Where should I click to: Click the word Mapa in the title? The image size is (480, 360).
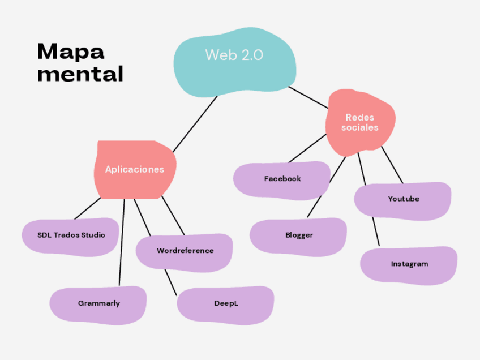pyautogui.click(x=71, y=52)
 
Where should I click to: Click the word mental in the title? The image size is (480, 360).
pyautogui.click(x=80, y=74)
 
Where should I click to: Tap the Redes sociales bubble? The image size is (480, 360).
pyautogui.click(x=360, y=122)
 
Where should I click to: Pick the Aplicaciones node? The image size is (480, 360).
pyautogui.click(x=135, y=169)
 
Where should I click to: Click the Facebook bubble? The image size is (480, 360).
pyautogui.click(x=282, y=179)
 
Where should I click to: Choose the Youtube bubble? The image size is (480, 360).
pyautogui.click(x=403, y=199)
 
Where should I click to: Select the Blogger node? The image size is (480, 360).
pyautogui.click(x=298, y=235)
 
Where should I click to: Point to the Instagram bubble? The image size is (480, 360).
pyautogui.click(x=409, y=264)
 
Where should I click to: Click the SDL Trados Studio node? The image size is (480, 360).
pyautogui.click(x=71, y=235)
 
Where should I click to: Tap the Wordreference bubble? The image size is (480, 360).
pyautogui.click(x=185, y=251)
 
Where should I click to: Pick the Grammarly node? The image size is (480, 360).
pyautogui.click(x=98, y=303)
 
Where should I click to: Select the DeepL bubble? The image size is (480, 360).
pyautogui.click(x=225, y=303)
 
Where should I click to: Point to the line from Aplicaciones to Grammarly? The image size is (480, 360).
pyautogui.click(x=122, y=243)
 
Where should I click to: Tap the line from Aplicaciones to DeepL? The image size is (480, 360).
pyautogui.click(x=170, y=280)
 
